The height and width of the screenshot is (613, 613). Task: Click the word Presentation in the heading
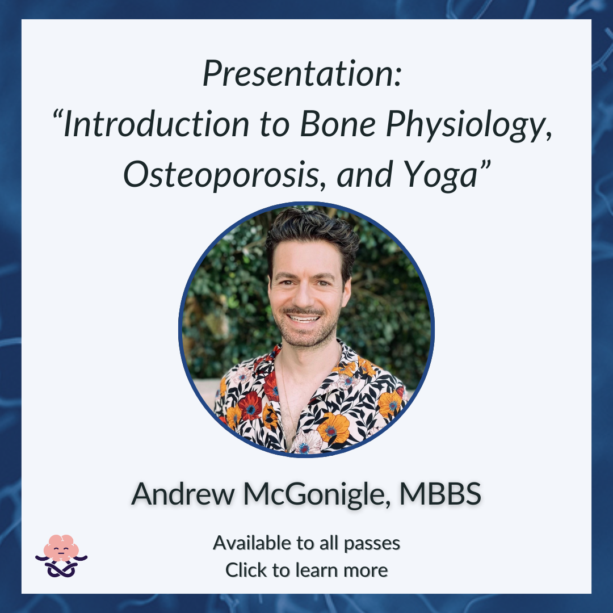302,73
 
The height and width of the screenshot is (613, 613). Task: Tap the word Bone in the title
338,124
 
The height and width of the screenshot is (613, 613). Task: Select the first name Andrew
183,494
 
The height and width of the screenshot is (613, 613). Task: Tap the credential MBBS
440,494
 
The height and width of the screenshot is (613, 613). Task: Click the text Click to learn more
306,570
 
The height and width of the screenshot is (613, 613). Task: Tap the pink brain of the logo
61,547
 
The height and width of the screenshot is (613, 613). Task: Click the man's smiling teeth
303,318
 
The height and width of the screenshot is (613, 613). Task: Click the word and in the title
364,175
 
